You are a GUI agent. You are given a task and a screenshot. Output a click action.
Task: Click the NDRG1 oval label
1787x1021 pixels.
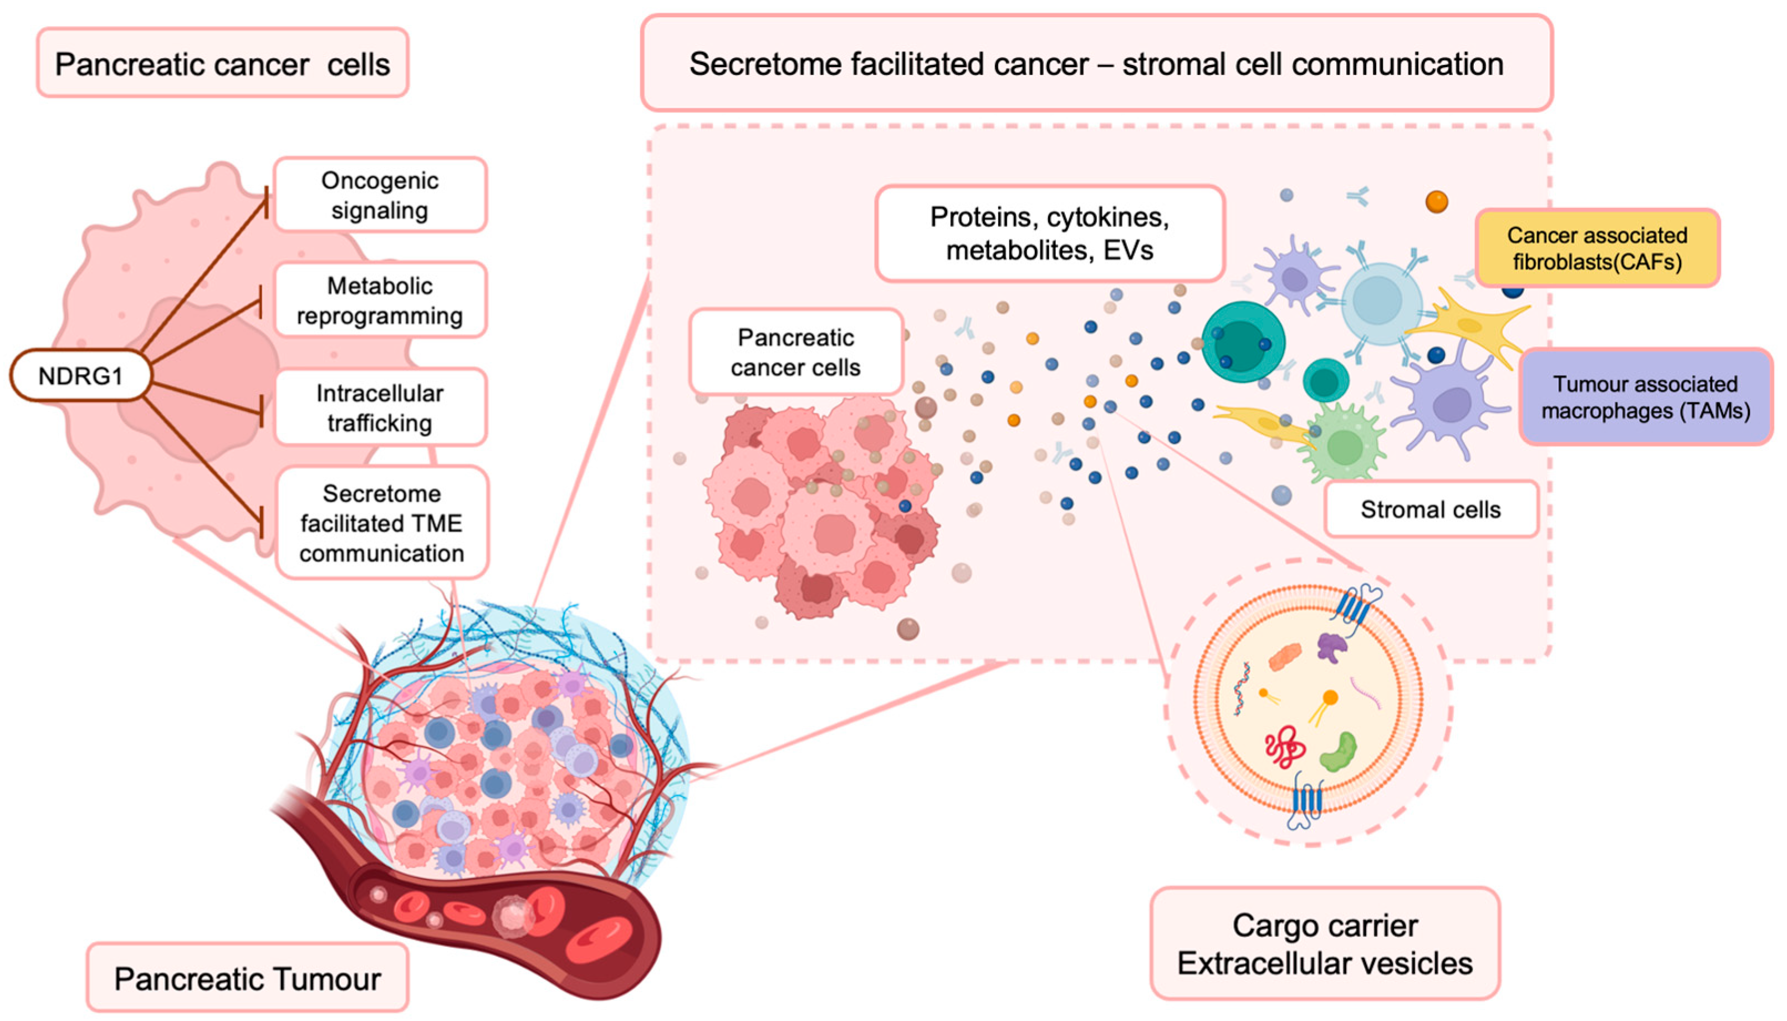pos(80,376)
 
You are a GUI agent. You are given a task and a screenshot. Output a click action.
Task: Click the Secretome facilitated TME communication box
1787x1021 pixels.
pos(381,523)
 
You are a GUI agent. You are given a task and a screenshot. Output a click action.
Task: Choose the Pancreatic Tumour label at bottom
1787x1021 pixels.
pos(247,978)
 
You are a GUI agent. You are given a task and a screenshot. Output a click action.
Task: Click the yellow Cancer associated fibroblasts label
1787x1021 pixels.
pos(1597,248)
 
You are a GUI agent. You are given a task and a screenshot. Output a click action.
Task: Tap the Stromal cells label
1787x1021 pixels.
pos(1430,509)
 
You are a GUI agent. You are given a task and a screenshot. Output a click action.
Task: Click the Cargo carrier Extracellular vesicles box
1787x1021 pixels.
pos(1324,944)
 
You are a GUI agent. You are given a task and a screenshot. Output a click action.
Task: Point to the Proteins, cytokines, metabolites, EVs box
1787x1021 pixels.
pos(1049,233)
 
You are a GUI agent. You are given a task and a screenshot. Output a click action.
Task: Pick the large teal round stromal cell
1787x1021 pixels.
pos(1243,341)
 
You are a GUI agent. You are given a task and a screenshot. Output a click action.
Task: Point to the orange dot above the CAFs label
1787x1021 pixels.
pos(1437,202)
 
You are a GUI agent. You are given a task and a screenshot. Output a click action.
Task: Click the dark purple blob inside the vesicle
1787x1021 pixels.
pos(1331,646)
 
